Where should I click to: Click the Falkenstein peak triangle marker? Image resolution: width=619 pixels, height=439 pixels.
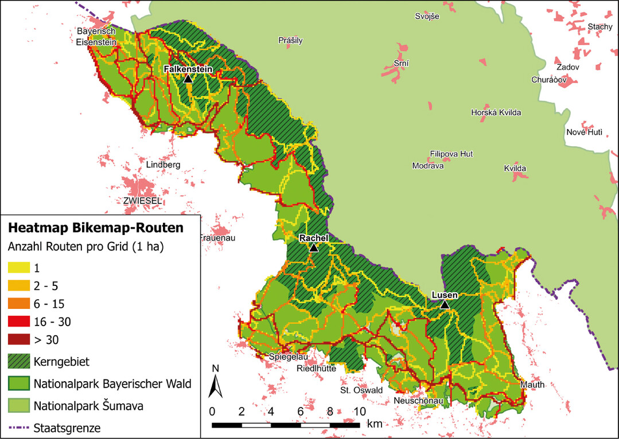tap(188, 79)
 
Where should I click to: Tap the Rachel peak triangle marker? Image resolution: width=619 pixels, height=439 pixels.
tap(313, 248)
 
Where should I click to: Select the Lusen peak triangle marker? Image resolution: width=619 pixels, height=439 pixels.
tap(445, 305)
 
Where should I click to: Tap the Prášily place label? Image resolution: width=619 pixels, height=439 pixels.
tap(290, 41)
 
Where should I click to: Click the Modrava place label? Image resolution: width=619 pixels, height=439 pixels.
tap(427, 166)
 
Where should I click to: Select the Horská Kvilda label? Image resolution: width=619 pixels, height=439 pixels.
tap(496, 112)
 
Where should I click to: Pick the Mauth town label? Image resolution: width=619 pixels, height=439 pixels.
tap(532, 385)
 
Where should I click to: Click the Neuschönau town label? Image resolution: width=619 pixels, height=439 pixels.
tap(418, 400)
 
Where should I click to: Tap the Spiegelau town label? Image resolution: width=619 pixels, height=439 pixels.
tap(289, 357)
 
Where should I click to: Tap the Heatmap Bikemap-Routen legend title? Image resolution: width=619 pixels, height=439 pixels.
tap(95, 228)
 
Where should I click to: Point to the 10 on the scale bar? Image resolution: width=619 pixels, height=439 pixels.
tap(359, 411)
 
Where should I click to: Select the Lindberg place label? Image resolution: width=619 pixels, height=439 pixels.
tap(163, 164)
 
